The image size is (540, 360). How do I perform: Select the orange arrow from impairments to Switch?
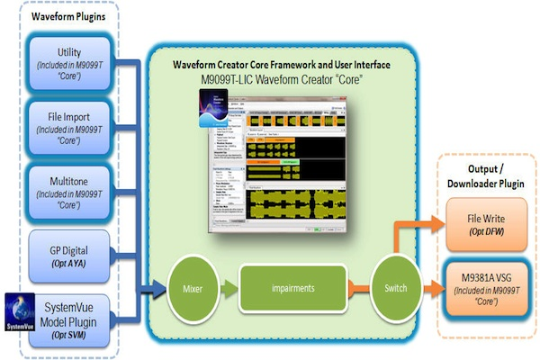tap(351, 291)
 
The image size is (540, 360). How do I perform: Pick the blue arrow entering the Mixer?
tap(155, 291)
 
